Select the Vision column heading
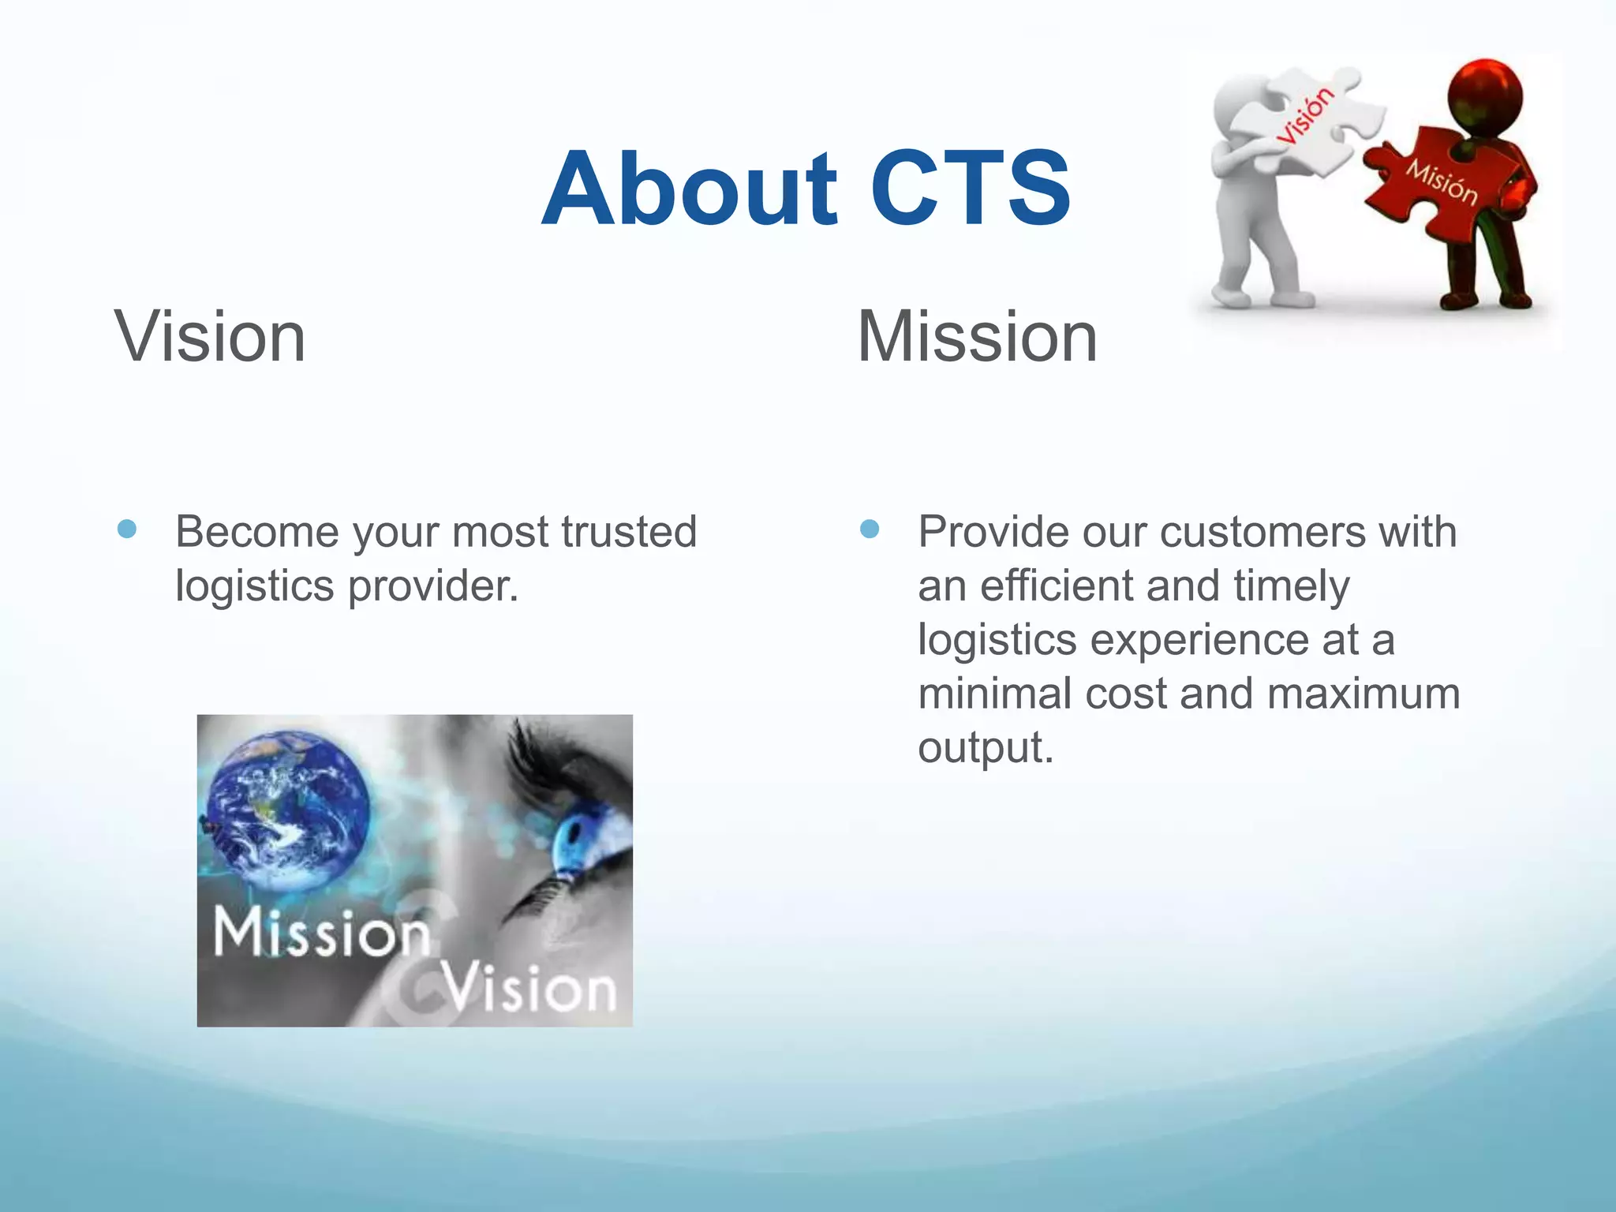[x=210, y=338]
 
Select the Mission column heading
[x=977, y=338]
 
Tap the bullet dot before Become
[x=127, y=529]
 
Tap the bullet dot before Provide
[x=870, y=529]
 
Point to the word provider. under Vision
[x=433, y=586]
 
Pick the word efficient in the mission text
[x=1056, y=586]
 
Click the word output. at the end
[x=986, y=747]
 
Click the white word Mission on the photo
[x=320, y=933]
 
